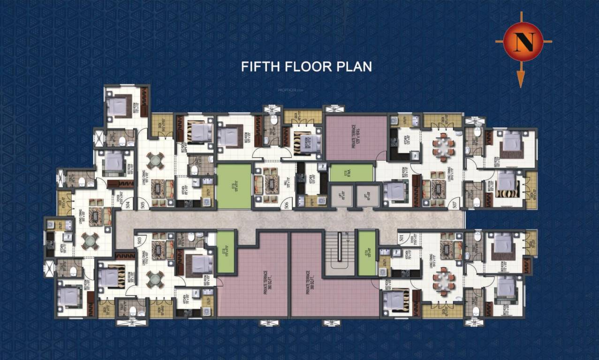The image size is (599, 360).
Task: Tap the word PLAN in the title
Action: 354,66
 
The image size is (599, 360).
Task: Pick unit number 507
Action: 454,203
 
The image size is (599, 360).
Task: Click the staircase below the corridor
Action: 340,253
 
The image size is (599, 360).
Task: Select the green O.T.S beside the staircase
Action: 366,253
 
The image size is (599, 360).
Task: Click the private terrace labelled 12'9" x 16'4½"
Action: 356,138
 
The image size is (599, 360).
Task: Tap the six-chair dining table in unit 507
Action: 443,146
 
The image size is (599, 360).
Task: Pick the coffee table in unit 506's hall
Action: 271,184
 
